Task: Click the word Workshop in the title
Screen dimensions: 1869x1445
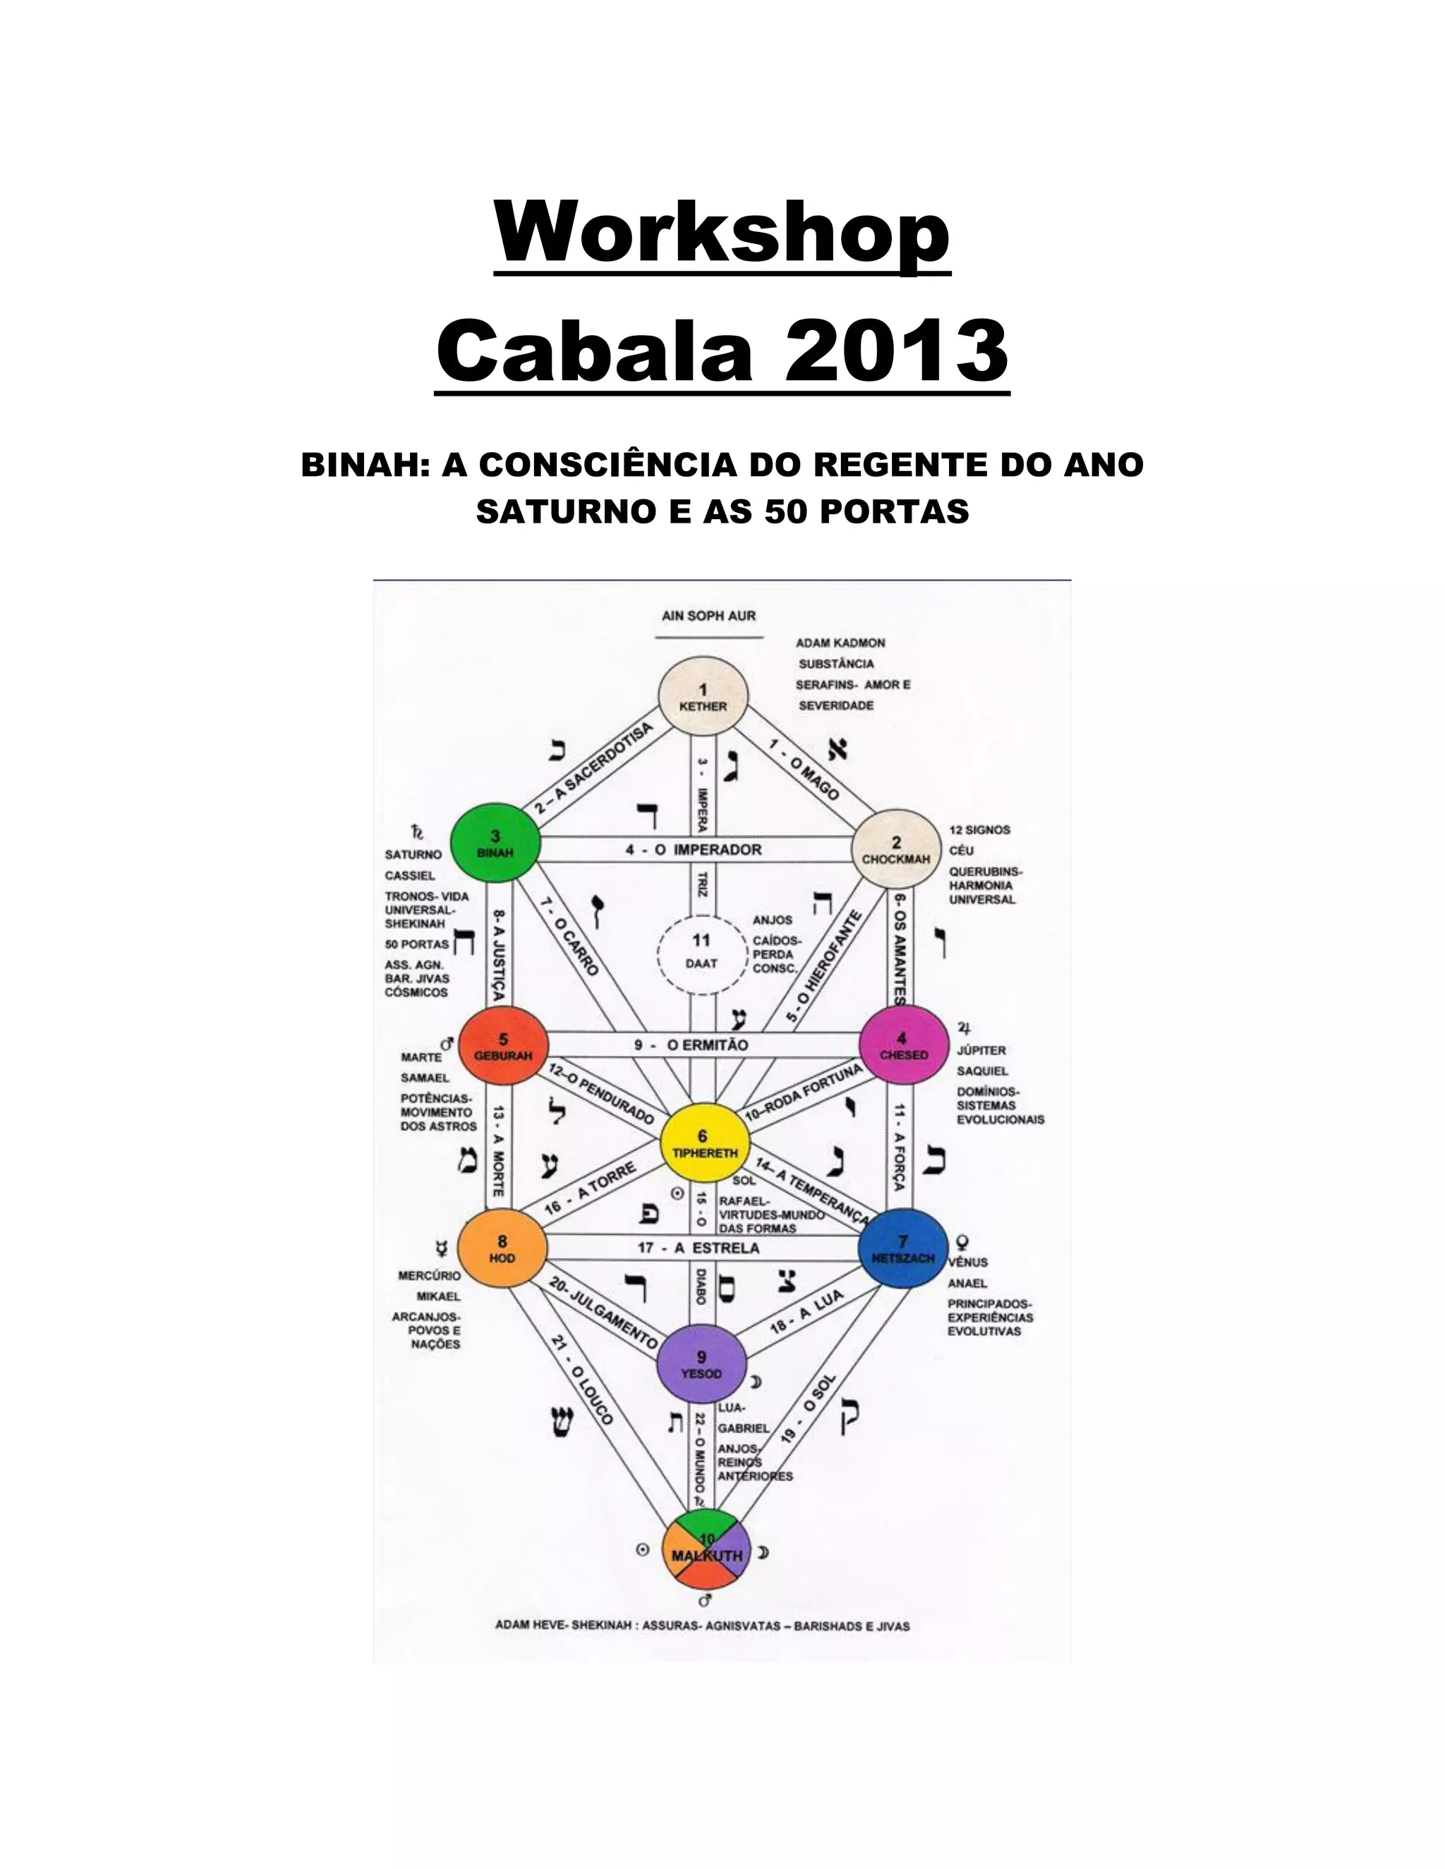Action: coord(722,233)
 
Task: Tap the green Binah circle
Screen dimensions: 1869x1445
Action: coord(495,846)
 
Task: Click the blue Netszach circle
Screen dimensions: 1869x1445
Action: coord(902,1248)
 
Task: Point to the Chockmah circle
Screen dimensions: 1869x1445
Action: coord(895,851)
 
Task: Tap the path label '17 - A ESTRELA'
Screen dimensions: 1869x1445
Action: coord(698,1248)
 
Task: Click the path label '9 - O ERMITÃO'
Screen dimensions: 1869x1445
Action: coord(691,1045)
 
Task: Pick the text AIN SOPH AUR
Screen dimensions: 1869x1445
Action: coord(709,615)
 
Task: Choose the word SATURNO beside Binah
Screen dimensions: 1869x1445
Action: coord(413,854)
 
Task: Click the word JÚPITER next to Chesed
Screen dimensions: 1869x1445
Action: coord(981,1050)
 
